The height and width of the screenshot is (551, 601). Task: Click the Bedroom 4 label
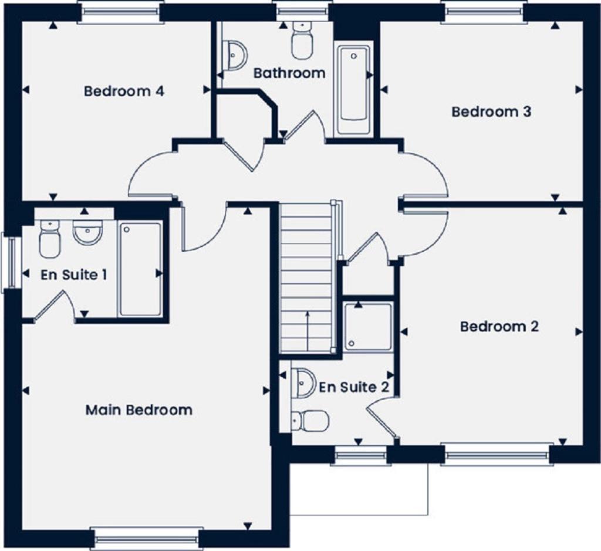point(123,92)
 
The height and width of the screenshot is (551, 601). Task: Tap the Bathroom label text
point(289,73)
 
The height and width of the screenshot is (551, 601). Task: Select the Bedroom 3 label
point(491,111)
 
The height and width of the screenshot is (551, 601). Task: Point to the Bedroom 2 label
point(499,326)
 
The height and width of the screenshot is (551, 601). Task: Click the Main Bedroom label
point(139,410)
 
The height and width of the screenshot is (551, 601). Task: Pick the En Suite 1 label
point(74,275)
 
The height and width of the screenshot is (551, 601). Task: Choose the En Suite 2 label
point(354,387)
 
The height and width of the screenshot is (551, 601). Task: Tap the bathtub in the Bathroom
point(353,88)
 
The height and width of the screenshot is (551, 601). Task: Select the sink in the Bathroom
point(236,55)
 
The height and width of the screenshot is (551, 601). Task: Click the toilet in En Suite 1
point(50,239)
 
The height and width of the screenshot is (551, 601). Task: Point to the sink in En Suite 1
point(87,232)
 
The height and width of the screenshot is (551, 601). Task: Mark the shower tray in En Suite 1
point(140,269)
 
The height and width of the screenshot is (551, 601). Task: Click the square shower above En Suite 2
point(368,326)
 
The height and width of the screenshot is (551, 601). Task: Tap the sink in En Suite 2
point(304,382)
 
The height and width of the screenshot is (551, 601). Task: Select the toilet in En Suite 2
point(310,421)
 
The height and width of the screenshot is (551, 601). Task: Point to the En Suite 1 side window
point(11,262)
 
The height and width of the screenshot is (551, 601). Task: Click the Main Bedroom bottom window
point(146,537)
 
